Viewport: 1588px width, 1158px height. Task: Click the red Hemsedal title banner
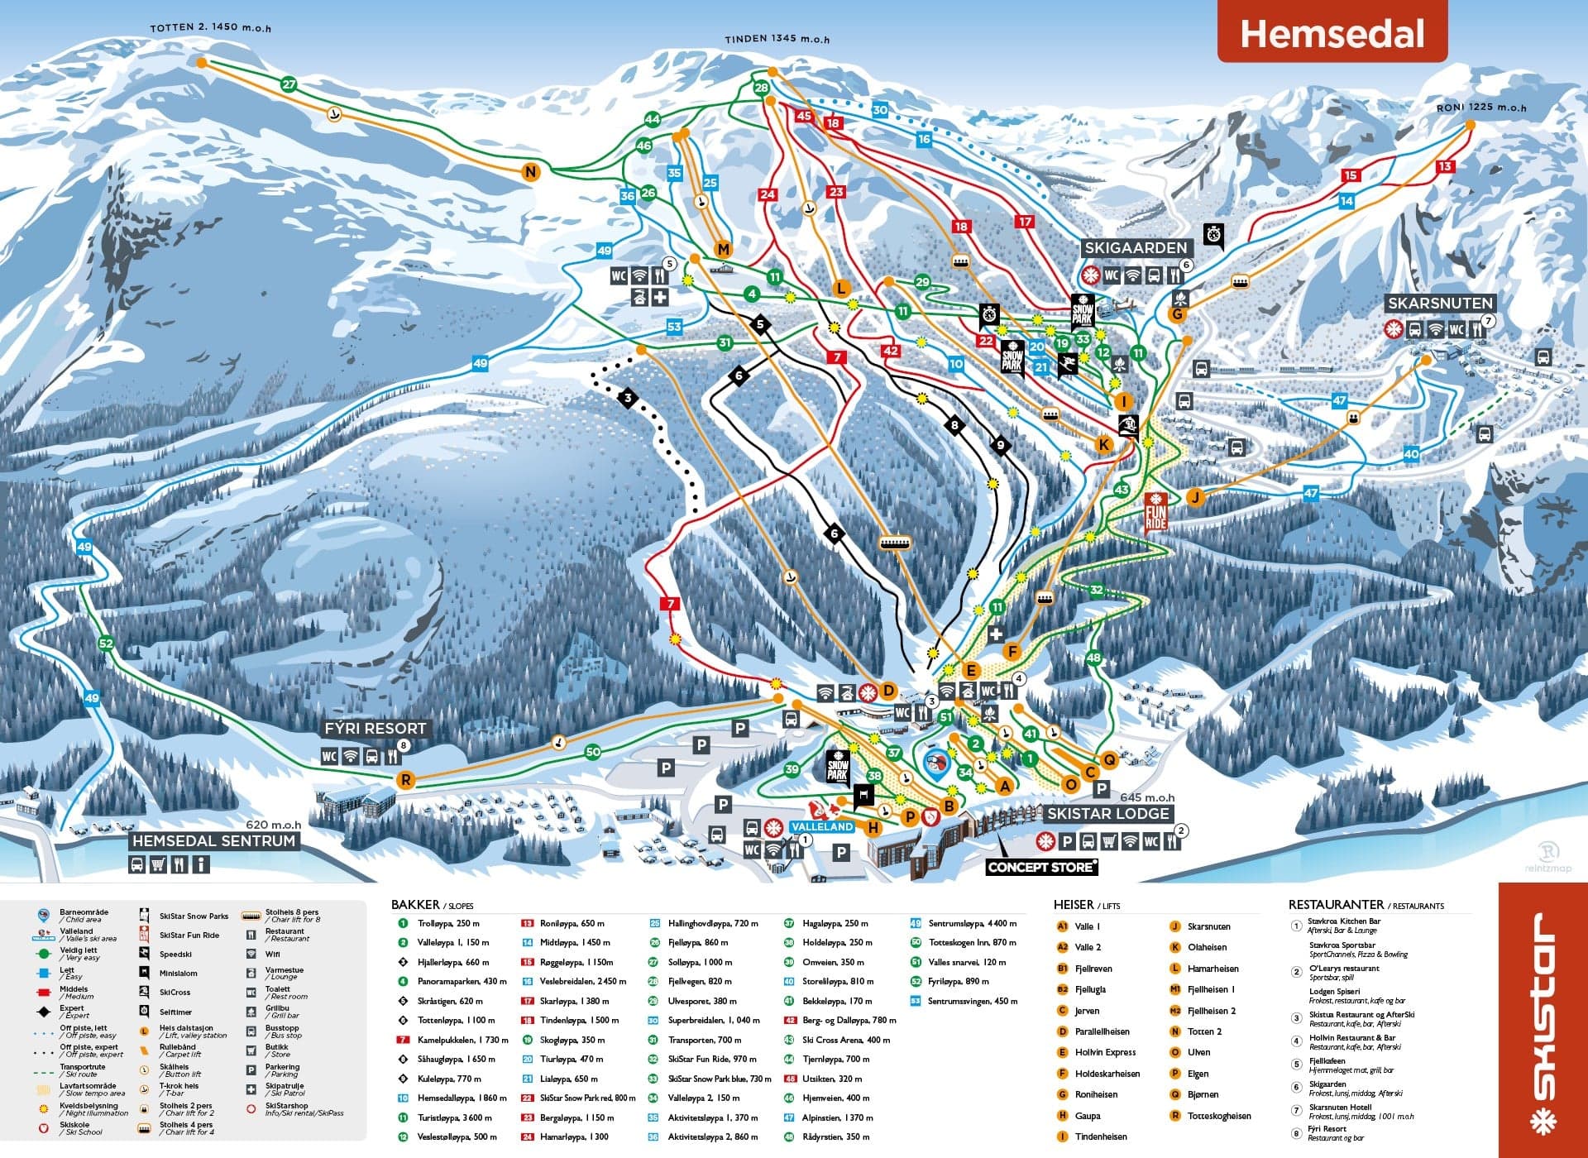coord(1332,33)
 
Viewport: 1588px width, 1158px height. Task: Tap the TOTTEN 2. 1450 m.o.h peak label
coord(210,27)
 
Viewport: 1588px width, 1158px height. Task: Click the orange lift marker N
coord(530,172)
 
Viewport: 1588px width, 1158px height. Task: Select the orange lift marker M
coord(723,249)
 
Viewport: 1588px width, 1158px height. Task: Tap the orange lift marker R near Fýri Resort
coord(405,780)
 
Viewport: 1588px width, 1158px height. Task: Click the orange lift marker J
coord(1194,497)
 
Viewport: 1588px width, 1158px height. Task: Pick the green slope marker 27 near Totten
coord(288,84)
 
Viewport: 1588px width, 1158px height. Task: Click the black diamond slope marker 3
coord(628,399)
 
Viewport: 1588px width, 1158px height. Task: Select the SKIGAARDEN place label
coord(1136,247)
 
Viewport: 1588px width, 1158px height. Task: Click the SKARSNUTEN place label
coord(1440,304)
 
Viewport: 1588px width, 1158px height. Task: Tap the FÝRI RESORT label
coord(375,729)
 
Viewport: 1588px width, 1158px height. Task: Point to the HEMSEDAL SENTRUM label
coord(213,840)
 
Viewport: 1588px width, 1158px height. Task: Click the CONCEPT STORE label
coord(1041,867)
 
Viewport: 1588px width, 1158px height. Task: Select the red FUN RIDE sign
coord(1155,511)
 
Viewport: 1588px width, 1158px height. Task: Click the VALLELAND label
coord(821,826)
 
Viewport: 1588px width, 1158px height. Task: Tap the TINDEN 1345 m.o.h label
coord(777,39)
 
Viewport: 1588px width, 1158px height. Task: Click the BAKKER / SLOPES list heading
coord(432,905)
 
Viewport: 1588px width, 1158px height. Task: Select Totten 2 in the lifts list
coord(1203,1031)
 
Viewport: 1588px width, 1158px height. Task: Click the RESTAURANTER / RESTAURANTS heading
coord(1366,905)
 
